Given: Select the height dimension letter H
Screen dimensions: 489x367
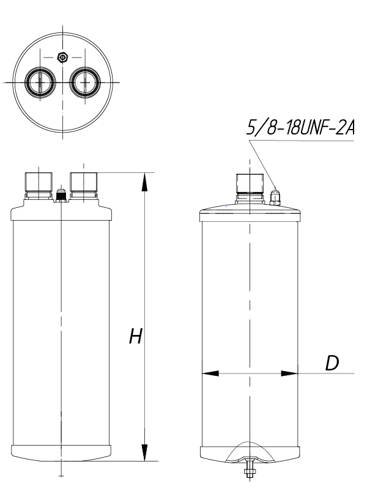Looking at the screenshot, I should point(135,337).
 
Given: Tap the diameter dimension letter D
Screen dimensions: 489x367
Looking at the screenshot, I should point(332,362).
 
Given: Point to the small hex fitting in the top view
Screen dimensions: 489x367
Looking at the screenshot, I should point(61,57).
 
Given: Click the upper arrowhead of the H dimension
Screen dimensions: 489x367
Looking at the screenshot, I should point(145,181).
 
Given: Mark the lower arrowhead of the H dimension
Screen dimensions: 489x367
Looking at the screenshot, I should point(145,452).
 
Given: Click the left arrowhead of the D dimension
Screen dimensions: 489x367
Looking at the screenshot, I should point(210,372).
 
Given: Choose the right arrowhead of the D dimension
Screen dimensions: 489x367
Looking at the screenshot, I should point(289,372).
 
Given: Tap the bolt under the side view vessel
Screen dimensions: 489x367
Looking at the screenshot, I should point(250,470).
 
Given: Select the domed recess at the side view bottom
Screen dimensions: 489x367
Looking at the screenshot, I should point(250,451).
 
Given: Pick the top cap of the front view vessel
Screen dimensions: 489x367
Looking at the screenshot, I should point(61,212).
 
